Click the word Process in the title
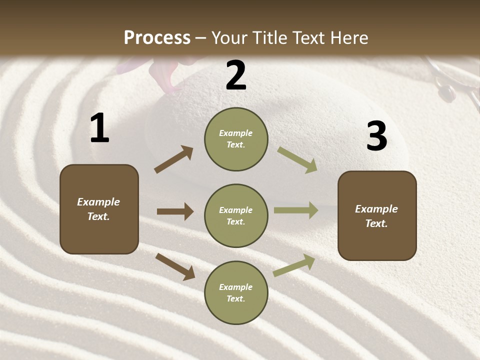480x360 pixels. pyautogui.click(x=157, y=38)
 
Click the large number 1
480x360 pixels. pyautogui.click(x=99, y=128)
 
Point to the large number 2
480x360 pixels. pyautogui.click(x=236, y=75)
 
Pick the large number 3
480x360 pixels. pyautogui.click(x=376, y=136)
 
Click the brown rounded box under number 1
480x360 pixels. pyautogui.click(x=99, y=209)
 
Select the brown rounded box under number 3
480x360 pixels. pyautogui.click(x=377, y=216)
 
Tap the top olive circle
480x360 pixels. pyautogui.click(x=236, y=139)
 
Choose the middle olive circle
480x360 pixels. pyautogui.click(x=236, y=216)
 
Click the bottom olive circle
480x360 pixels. pyautogui.click(x=236, y=293)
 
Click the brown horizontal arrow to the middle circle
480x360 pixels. pyautogui.click(x=175, y=211)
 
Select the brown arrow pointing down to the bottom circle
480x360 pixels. pyautogui.click(x=175, y=266)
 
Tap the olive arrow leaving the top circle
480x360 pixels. pyautogui.click(x=297, y=160)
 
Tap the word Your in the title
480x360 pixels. pyautogui.click(x=229, y=38)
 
